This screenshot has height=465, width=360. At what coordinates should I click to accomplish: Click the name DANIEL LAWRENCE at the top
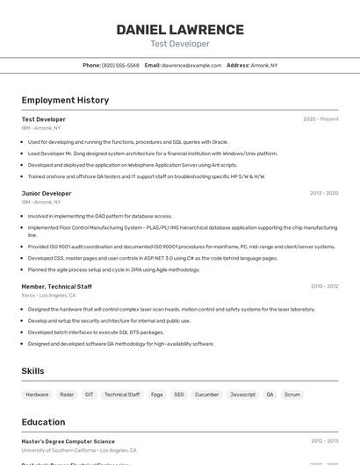[180, 30]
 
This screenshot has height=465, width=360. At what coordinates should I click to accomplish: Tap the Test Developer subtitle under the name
[180, 44]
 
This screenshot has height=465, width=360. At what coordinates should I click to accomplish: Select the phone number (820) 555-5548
[120, 65]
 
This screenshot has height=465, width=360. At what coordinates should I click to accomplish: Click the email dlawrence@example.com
[191, 65]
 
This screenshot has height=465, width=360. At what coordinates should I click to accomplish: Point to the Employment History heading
[65, 100]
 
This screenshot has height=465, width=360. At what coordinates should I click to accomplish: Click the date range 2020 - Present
[320, 118]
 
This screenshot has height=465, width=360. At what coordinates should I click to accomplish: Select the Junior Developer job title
[47, 193]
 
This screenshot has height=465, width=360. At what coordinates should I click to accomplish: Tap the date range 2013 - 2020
[324, 193]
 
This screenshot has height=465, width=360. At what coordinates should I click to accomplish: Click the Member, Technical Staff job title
[56, 286]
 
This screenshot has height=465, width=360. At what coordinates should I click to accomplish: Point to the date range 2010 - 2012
[324, 286]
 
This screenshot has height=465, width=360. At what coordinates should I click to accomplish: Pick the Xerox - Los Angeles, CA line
[55, 295]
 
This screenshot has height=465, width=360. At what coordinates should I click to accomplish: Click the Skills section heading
[32, 371]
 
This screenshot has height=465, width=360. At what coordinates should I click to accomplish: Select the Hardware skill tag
[37, 395]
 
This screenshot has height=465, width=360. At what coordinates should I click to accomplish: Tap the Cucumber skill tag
[206, 395]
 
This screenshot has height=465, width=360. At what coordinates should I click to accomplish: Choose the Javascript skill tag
[242, 395]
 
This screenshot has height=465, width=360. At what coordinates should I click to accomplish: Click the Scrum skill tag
[292, 395]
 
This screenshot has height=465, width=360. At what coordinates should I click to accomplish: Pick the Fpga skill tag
[156, 395]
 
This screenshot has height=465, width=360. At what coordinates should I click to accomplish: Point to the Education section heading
[43, 422]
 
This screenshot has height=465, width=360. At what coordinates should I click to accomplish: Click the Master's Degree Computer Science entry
[68, 441]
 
